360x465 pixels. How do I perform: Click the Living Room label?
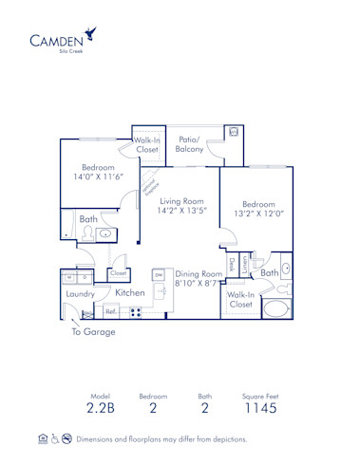tap(182, 202)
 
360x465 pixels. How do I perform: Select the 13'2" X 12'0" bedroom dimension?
tap(258, 214)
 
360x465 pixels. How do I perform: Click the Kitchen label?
tap(129, 293)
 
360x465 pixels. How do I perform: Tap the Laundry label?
tap(81, 294)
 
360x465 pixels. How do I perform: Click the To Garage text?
tap(93, 332)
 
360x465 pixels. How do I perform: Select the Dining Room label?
tap(199, 274)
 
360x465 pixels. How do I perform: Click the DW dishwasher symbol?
tap(159, 274)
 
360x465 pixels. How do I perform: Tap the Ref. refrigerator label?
tap(110, 311)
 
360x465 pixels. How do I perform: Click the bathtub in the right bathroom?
tap(276, 307)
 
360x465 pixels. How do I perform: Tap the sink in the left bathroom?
tap(104, 234)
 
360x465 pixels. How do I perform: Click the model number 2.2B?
tap(100, 410)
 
